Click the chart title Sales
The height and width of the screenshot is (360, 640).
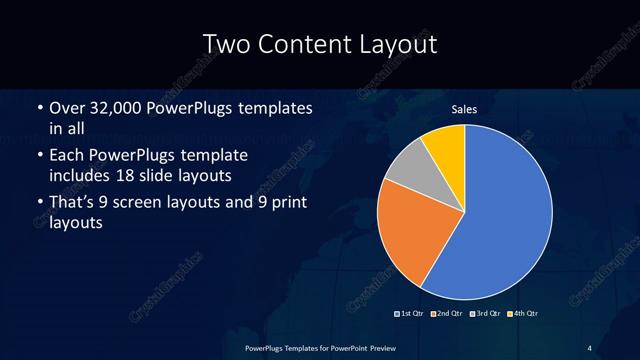(464, 108)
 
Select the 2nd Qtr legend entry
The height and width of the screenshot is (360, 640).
(449, 314)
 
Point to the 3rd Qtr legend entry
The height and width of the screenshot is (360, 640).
(486, 314)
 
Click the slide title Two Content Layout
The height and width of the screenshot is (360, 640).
(319, 44)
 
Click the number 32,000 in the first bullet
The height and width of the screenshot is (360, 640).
(114, 107)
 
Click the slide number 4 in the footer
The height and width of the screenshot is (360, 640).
(590, 347)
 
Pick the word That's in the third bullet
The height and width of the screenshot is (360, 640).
(73, 203)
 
